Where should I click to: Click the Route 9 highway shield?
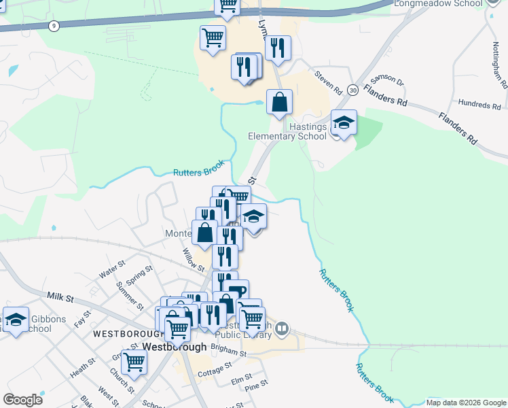point(53,26)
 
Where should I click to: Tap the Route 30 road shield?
point(352,90)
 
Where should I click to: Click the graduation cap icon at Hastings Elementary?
point(344,122)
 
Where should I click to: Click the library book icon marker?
point(282,330)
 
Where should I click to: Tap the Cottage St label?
point(215,373)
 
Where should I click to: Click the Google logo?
point(22,399)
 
